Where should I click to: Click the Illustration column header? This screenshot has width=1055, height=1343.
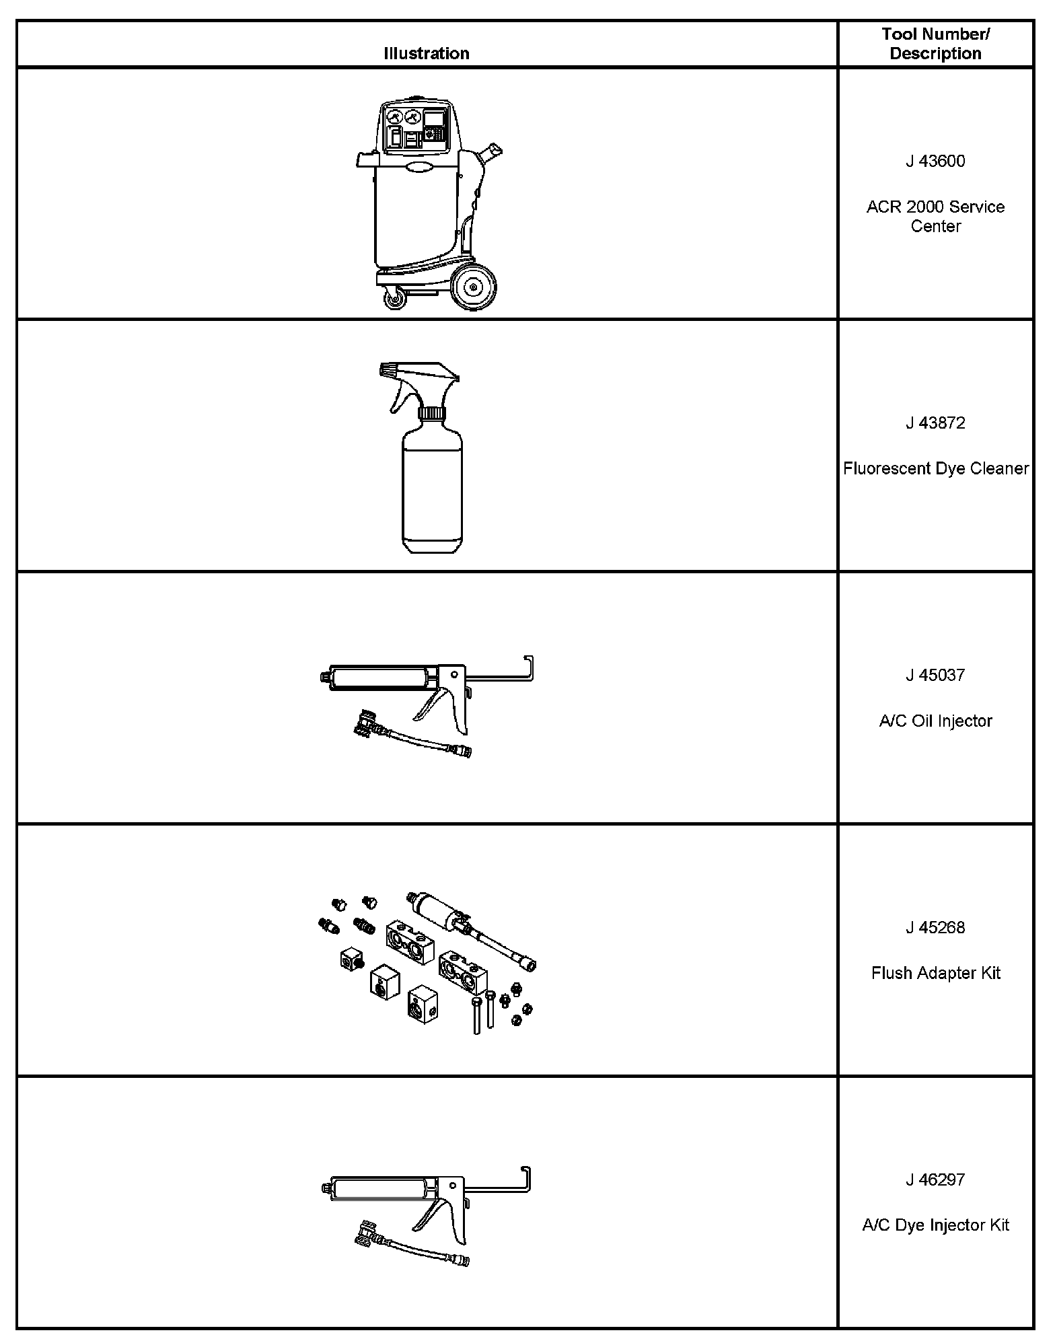pos(427,53)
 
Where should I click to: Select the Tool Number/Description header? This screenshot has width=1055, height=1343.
pos(935,44)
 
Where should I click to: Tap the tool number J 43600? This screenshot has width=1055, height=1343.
pos(935,161)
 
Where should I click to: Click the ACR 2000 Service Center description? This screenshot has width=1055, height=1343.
pos(935,216)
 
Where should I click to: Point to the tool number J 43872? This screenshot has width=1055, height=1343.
pos(935,423)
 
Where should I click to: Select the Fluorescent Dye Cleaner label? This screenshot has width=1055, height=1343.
pos(935,468)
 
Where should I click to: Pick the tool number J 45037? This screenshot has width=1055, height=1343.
pos(935,676)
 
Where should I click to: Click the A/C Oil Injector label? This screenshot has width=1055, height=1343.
pos(935,721)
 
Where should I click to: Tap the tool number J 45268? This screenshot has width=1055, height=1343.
pos(935,928)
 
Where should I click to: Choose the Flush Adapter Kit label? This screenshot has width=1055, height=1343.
pos(935,973)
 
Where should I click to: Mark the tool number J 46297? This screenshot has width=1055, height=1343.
pos(935,1179)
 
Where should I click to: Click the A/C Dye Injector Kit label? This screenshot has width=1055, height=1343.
pos(935,1225)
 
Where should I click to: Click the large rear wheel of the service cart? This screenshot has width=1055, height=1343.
pos(474,287)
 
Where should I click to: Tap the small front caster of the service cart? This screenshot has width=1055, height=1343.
pos(395,298)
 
